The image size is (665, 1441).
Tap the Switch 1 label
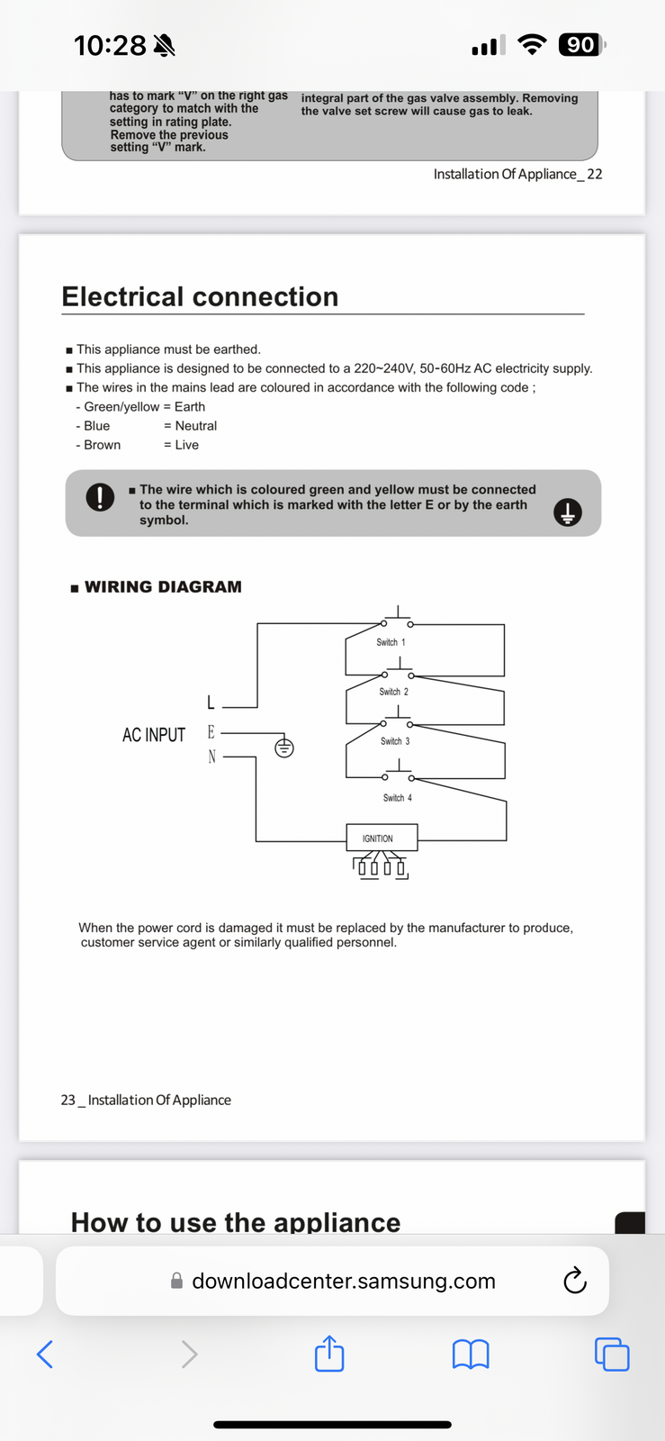click(x=391, y=642)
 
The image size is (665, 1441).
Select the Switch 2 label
click(x=393, y=692)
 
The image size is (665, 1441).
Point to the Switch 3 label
click(x=395, y=741)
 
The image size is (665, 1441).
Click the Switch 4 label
click(x=397, y=798)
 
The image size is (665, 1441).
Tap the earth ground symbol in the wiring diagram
click(x=283, y=748)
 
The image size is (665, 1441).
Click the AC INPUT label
click(x=154, y=735)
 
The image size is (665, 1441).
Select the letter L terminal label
click(x=211, y=702)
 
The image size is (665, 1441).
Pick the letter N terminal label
click(x=211, y=757)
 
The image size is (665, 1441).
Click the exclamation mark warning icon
click(x=100, y=497)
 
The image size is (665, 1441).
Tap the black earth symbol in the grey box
click(x=567, y=512)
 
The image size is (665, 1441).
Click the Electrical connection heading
click(x=200, y=296)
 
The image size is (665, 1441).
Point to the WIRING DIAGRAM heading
click(x=162, y=587)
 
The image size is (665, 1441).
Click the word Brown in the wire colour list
click(x=102, y=445)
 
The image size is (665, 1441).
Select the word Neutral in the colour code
click(x=195, y=426)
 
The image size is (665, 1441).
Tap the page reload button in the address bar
click(x=574, y=1281)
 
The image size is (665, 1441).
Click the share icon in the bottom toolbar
click(x=329, y=1353)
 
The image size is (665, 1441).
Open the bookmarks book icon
click(x=471, y=1353)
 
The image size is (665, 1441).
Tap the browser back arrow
click(x=45, y=1353)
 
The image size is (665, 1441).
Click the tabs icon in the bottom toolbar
click(x=612, y=1354)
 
